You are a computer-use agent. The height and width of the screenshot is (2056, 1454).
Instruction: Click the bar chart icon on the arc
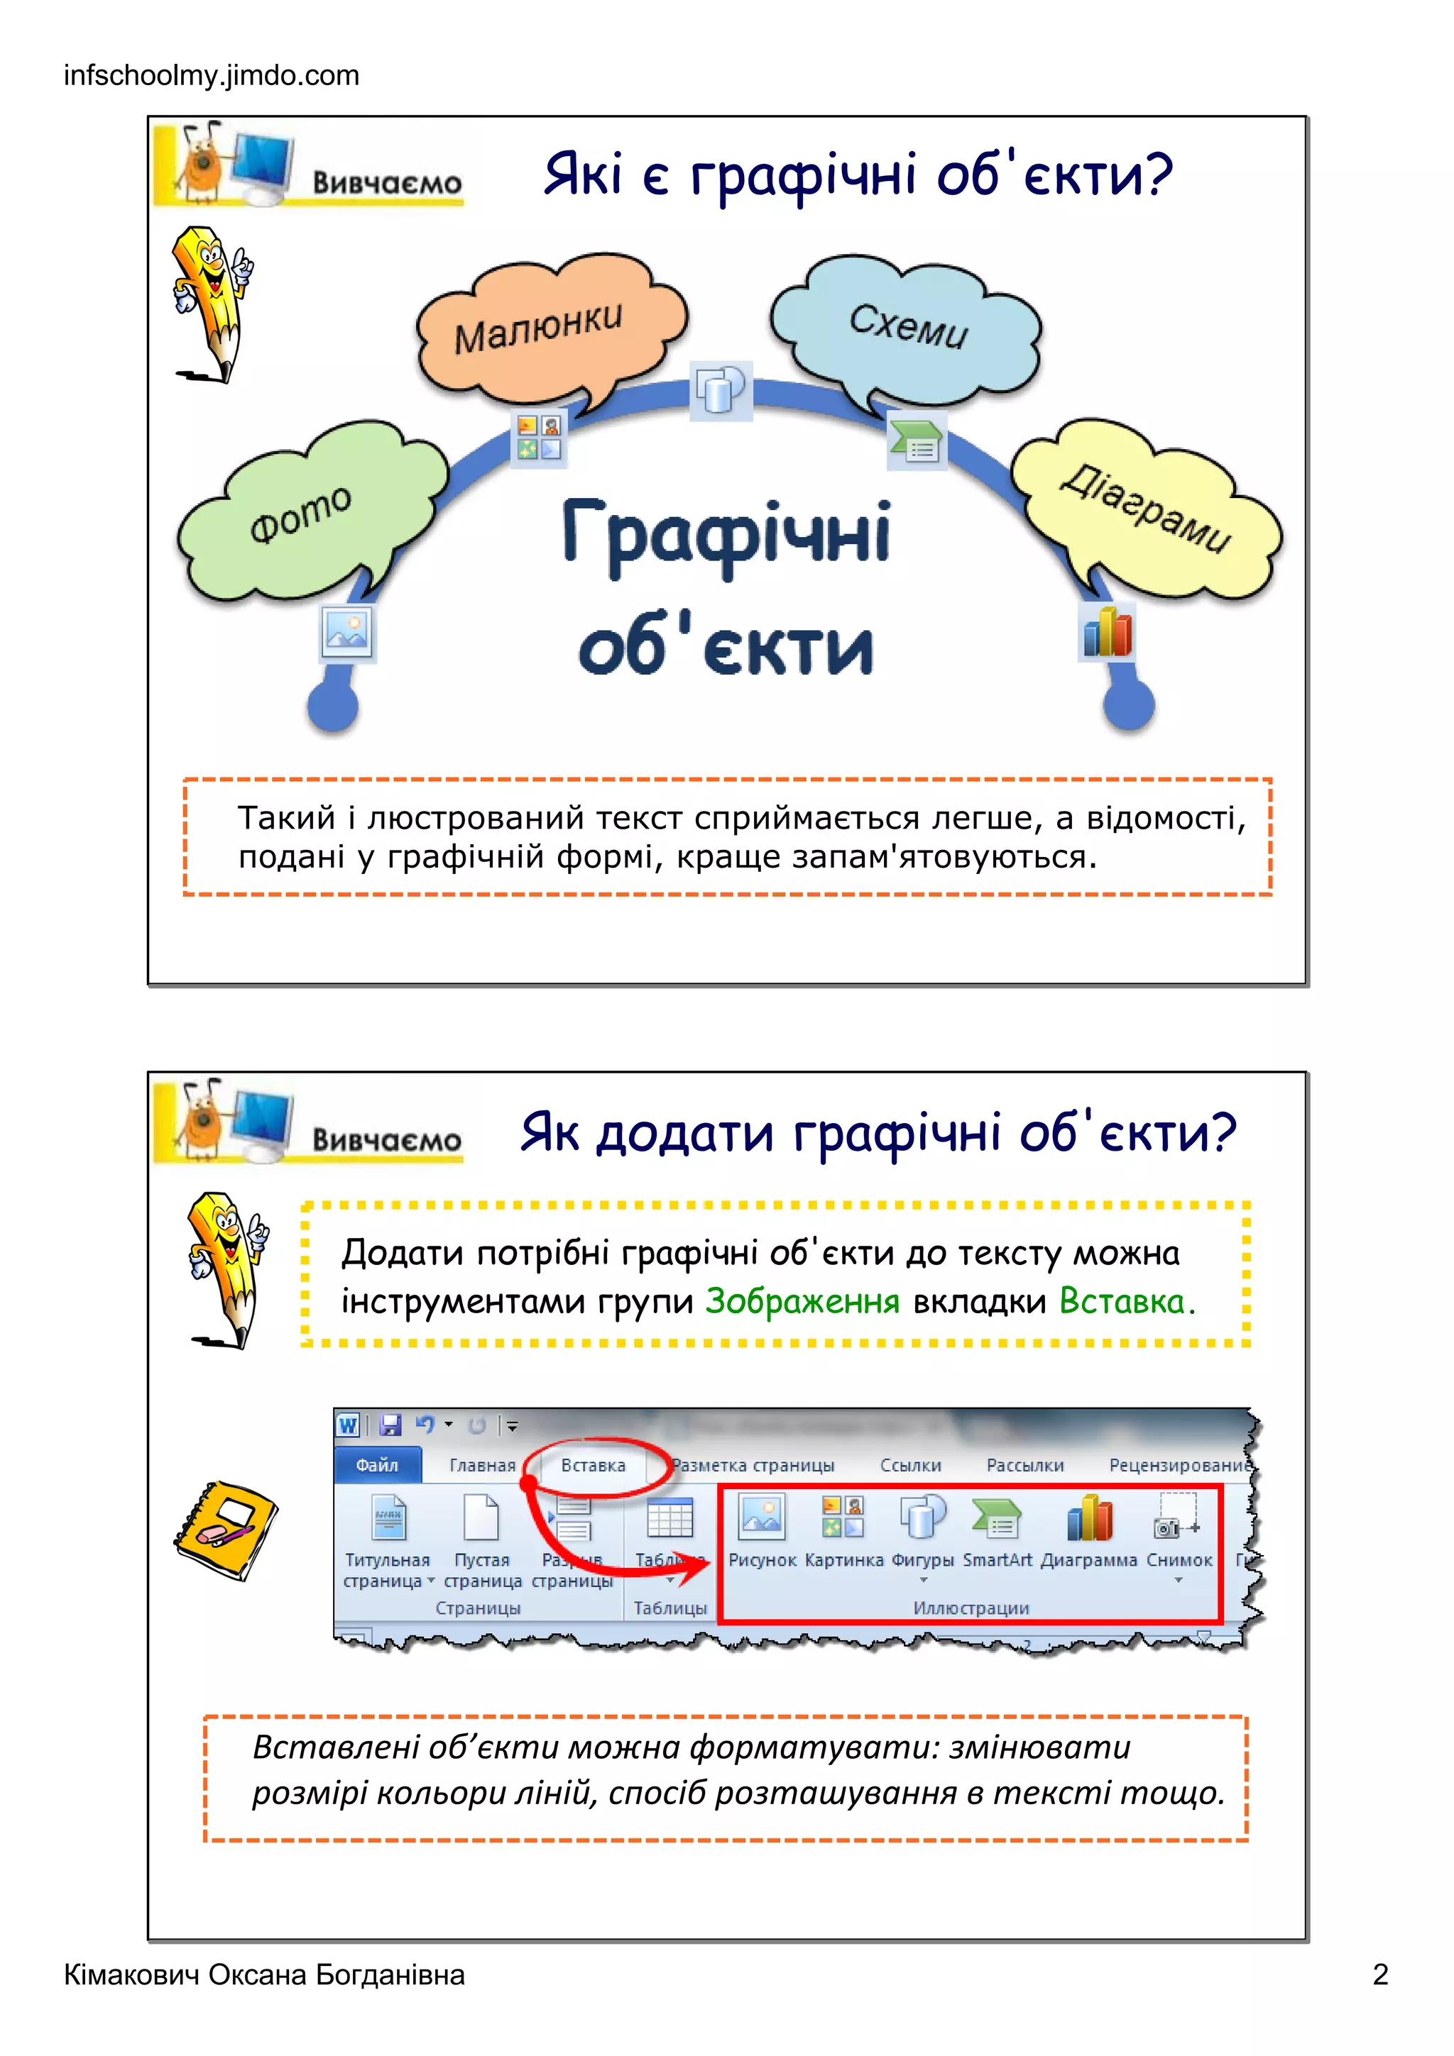click(x=1108, y=632)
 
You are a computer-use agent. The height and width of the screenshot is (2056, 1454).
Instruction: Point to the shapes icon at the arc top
click(x=721, y=390)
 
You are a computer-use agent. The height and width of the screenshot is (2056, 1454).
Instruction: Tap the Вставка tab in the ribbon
click(x=593, y=1465)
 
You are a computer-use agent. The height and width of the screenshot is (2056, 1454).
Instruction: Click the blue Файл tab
click(x=377, y=1465)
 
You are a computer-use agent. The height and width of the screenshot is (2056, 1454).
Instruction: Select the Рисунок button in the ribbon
click(x=762, y=1531)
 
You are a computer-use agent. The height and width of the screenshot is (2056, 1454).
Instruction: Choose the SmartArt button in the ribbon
click(x=997, y=1531)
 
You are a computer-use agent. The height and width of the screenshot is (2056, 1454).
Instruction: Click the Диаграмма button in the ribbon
click(x=1088, y=1531)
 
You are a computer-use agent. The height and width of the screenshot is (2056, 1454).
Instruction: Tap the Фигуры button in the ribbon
click(x=923, y=1531)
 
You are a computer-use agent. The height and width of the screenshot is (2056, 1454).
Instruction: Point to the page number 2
click(x=1379, y=1974)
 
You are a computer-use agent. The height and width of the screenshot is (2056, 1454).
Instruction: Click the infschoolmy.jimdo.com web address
click(x=212, y=75)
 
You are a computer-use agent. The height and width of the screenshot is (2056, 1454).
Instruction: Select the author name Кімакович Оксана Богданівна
click(x=264, y=1974)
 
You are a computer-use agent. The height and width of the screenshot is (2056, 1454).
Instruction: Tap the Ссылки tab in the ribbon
click(x=910, y=1465)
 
